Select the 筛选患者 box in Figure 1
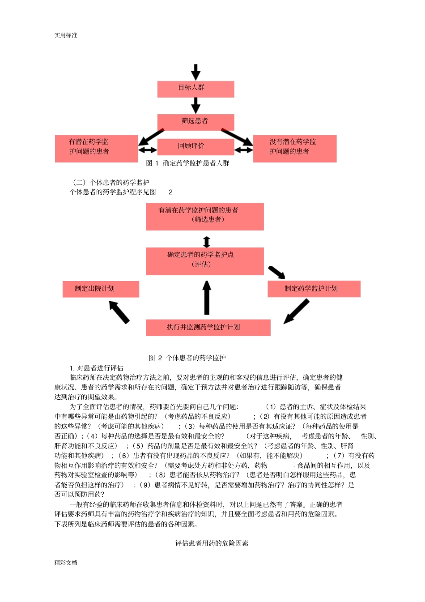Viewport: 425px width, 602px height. tap(195, 121)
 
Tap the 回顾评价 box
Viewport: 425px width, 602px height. tap(195, 146)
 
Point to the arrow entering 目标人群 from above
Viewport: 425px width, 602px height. tap(195, 72)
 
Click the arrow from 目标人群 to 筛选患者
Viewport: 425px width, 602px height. tap(195, 105)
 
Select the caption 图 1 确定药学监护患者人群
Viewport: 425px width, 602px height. tap(187, 163)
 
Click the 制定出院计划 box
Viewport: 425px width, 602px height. tap(101, 289)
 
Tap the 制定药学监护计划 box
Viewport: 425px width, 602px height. tap(314, 289)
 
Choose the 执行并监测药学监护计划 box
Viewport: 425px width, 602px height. tap(208, 327)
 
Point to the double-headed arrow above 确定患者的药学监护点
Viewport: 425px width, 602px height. tap(206, 242)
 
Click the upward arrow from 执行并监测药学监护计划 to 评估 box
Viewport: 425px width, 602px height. tap(207, 298)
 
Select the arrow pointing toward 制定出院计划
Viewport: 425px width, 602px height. tap(119, 312)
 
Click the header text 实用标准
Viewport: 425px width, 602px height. tap(66, 35)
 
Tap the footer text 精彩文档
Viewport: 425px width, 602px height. tap(66, 563)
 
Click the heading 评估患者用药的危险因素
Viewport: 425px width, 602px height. tap(212, 543)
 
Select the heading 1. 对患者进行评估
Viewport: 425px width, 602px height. tap(96, 368)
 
